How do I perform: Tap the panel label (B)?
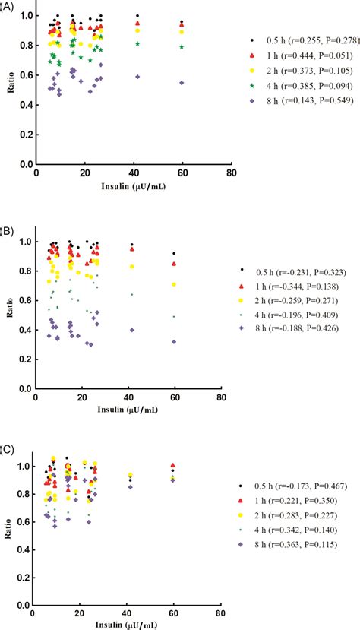[9, 227]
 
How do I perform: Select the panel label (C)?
[9, 451]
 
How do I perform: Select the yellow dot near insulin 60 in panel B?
[174, 284]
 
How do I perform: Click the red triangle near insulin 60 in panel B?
[174, 264]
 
